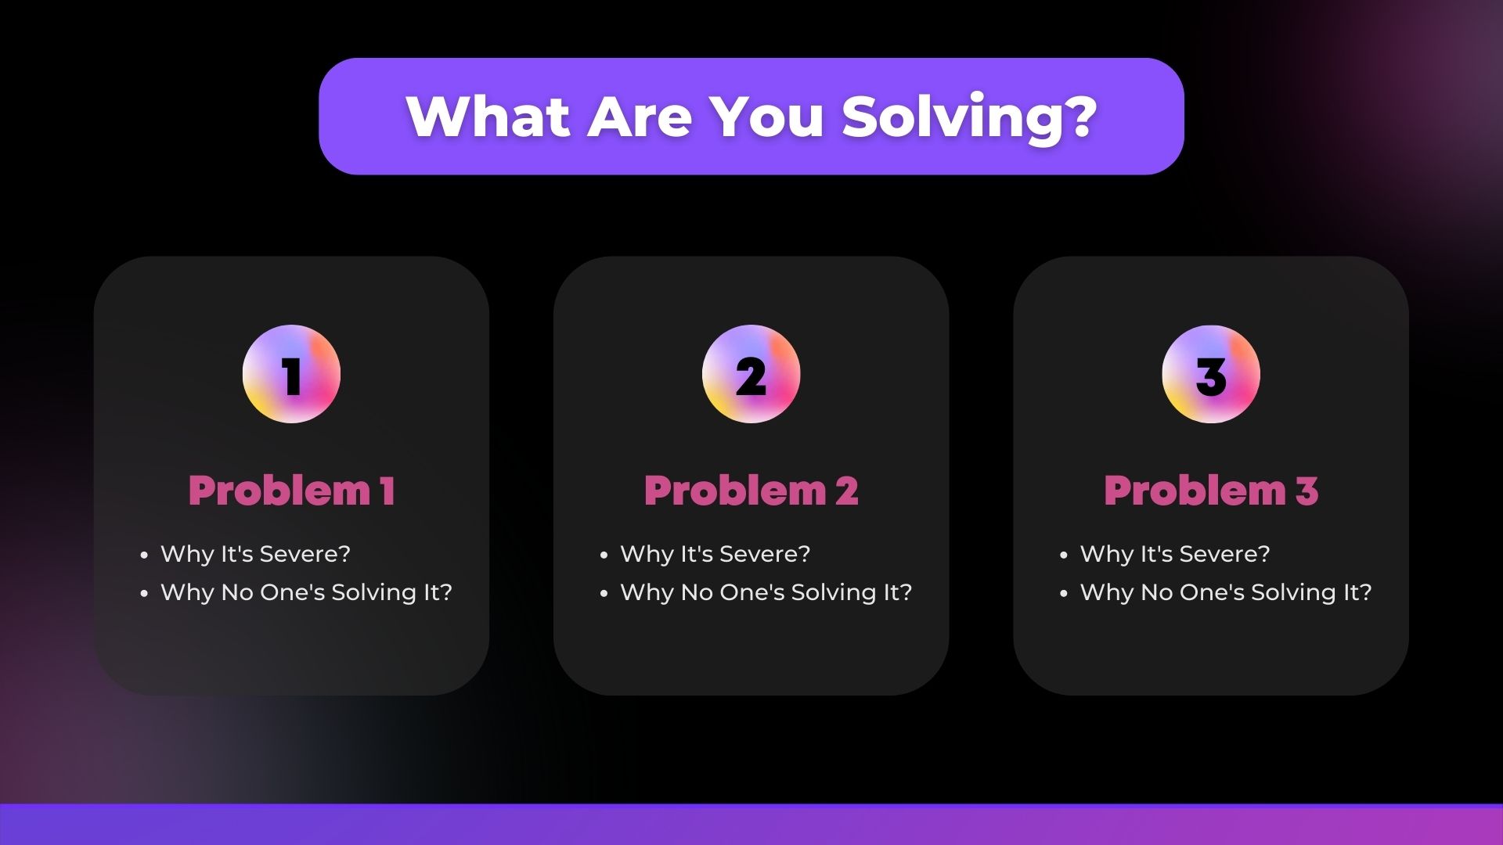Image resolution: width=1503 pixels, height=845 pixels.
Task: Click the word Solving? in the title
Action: pos(969,117)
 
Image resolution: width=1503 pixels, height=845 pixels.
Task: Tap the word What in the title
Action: pos(488,117)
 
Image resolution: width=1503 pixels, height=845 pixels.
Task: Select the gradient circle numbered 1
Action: pos(291,374)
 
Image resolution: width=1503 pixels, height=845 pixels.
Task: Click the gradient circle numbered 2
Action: pos(751,374)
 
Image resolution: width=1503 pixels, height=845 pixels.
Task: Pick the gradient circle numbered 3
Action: pos(1211,374)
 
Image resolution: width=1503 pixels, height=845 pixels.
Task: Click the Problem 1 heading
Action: pos(291,491)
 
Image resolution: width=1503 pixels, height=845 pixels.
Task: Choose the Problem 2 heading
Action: pos(751,491)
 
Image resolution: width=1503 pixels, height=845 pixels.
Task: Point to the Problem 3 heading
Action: pos(1211,491)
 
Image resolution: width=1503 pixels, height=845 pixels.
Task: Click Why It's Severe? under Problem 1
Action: pos(255,554)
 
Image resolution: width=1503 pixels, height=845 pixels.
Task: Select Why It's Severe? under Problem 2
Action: pos(715,554)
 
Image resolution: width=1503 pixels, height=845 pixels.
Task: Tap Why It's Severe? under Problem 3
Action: pos(1175,554)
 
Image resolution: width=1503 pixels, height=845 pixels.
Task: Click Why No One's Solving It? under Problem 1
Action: pos(306,592)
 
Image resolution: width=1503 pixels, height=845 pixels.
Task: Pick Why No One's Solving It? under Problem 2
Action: pos(766,592)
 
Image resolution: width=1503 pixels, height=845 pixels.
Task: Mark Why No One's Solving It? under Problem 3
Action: pos(1226,592)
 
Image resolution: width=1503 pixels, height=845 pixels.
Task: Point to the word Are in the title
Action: pos(640,117)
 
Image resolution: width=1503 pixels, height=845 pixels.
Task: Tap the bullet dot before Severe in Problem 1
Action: pos(144,556)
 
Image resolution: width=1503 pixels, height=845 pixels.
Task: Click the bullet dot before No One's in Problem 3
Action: pos(1064,594)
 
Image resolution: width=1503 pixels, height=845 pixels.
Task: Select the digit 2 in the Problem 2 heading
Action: pos(846,491)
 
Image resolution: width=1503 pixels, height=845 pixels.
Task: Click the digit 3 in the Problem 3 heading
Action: pos(1307,491)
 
